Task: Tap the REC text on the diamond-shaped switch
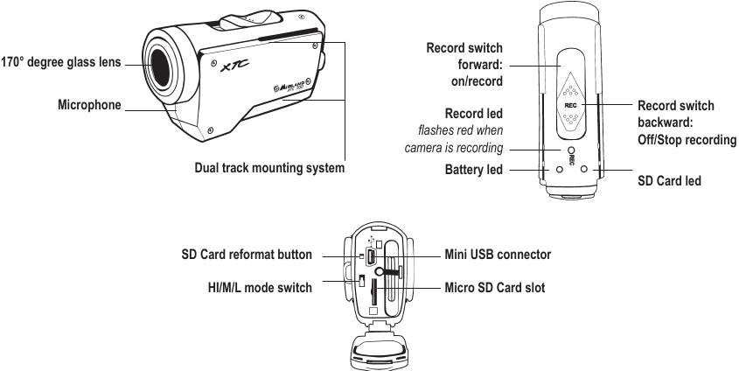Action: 570,102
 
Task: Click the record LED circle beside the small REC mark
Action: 570,150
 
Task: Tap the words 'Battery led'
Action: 474,169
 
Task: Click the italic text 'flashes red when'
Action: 461,130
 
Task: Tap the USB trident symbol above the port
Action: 373,237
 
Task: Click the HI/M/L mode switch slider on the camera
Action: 360,281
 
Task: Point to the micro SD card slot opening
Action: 374,289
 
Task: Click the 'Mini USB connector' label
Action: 498,255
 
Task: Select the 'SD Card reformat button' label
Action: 246,255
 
